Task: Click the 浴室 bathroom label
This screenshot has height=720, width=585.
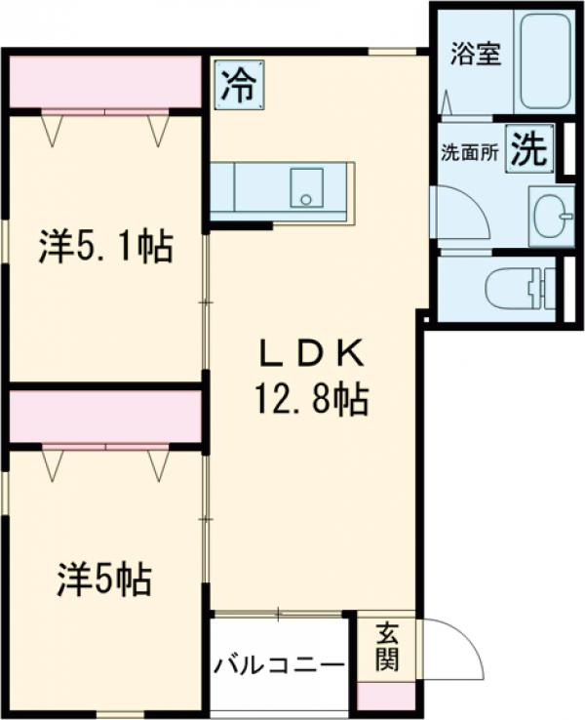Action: click(475, 53)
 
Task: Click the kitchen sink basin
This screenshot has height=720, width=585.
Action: click(309, 187)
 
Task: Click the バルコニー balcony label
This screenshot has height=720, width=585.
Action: click(279, 666)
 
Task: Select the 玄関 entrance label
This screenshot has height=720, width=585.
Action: click(387, 647)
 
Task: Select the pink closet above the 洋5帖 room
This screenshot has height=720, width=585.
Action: click(105, 415)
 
